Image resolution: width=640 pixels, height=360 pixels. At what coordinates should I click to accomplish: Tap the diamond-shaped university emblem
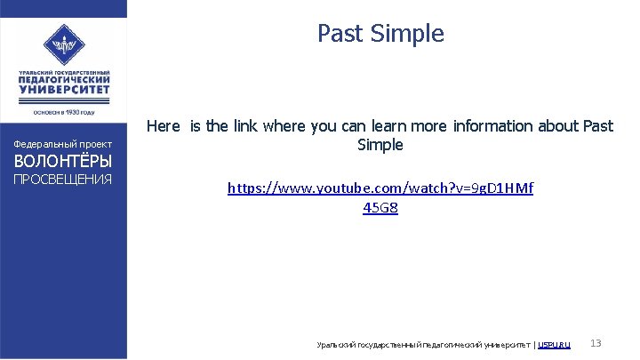click(x=63, y=42)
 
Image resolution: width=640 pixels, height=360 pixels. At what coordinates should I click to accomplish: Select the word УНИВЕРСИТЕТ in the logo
click(x=63, y=90)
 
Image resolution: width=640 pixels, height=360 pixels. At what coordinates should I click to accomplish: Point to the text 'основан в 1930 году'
click(x=63, y=112)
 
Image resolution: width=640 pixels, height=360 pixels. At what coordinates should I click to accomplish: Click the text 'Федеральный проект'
click(x=62, y=144)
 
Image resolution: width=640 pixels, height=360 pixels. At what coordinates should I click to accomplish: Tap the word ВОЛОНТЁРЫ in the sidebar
click(x=62, y=162)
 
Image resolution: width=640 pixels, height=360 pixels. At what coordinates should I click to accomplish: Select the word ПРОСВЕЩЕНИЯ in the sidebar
click(x=62, y=180)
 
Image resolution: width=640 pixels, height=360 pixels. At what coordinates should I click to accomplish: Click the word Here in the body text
click(x=163, y=126)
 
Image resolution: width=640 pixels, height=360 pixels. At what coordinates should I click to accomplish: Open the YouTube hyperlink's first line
click(x=380, y=188)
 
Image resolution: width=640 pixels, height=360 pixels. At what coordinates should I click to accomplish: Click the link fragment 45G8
click(x=380, y=208)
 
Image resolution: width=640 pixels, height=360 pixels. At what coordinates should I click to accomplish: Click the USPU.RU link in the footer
click(x=555, y=344)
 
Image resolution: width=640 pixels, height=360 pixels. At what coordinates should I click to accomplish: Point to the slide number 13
click(x=596, y=343)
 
